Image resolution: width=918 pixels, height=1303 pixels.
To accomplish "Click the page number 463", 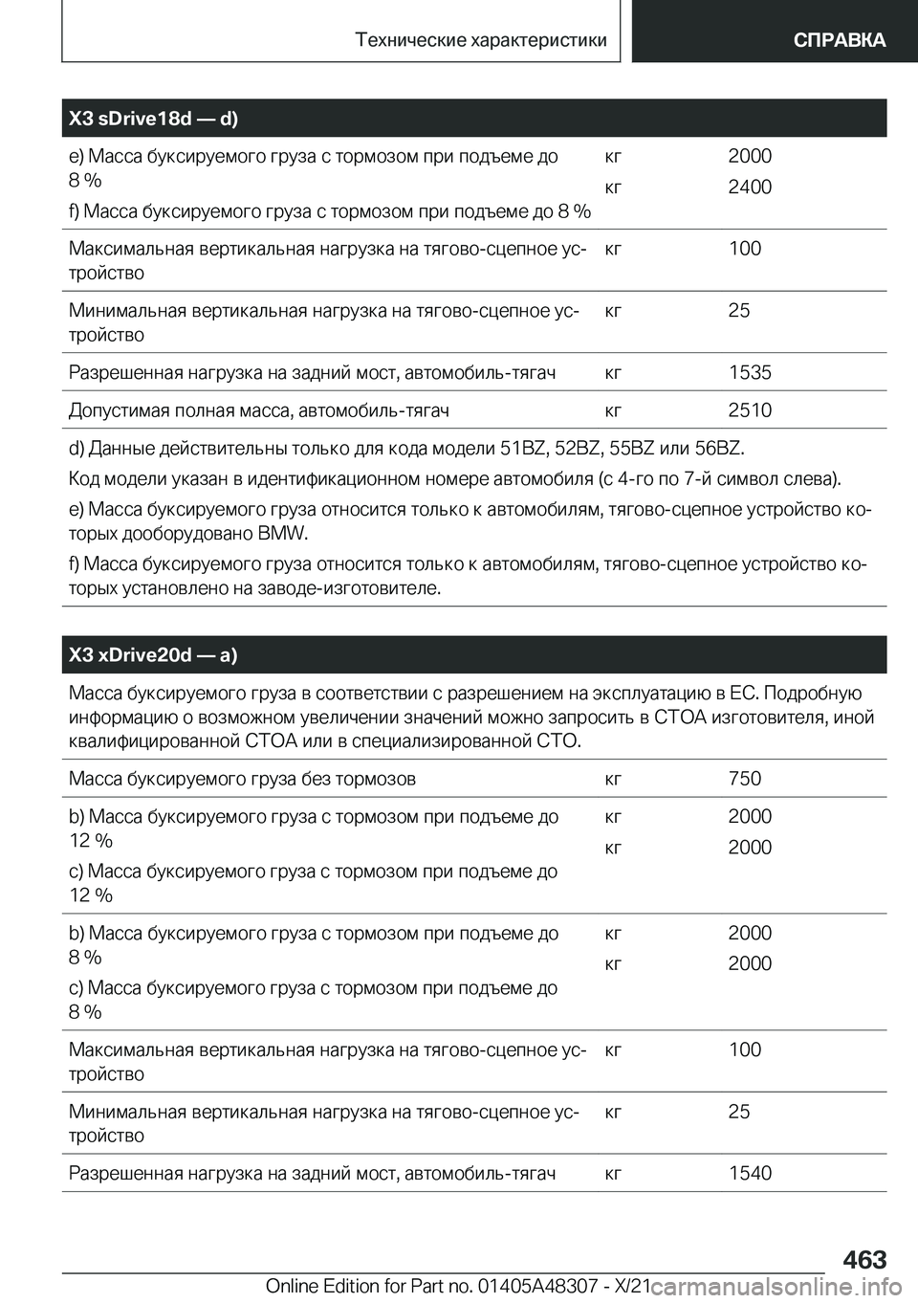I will [864, 1259].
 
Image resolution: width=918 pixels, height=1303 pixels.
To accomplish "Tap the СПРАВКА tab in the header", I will [838, 39].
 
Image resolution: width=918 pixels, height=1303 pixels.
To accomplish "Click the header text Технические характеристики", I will [480, 39].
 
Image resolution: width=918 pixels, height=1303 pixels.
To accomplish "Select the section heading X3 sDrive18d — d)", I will [154, 119].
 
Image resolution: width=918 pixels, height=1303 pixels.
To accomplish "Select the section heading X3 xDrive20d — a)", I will [153, 654].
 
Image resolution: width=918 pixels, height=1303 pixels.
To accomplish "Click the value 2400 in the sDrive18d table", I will [750, 188].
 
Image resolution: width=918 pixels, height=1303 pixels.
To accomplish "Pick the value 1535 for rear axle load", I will [750, 373].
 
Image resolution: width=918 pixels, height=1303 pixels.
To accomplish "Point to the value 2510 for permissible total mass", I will [750, 410].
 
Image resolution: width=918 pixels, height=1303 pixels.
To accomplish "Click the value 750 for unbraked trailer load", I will [745, 779].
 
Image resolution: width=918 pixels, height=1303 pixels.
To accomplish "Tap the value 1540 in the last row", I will [750, 1173].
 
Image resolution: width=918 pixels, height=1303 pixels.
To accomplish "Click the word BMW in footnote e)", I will [284, 533].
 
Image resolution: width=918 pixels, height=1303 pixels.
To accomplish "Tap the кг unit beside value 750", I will [615, 779].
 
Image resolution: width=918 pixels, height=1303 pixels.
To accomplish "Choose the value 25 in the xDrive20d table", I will [738, 1112].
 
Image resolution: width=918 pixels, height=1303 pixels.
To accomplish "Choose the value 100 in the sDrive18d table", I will [744, 249].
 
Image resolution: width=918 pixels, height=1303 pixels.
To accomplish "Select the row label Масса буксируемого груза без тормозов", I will [242, 779].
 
